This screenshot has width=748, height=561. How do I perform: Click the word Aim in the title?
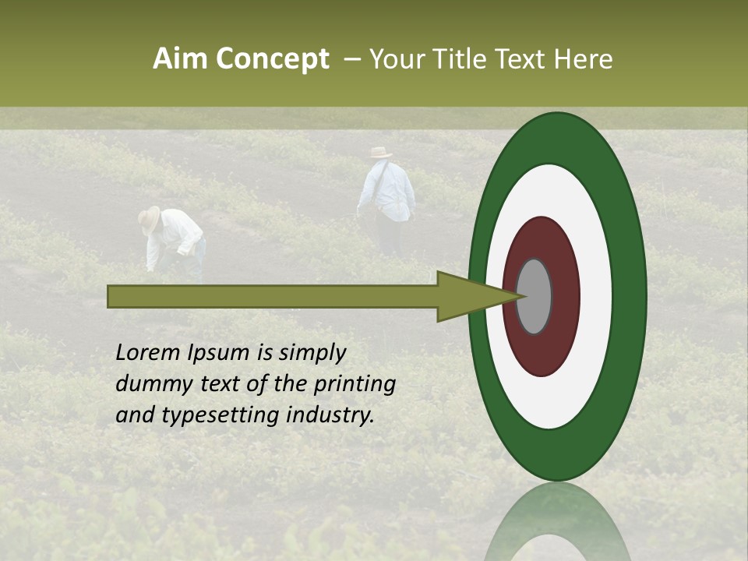pyautogui.click(x=182, y=59)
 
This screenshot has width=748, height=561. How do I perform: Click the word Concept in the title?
pyautogui.click(x=273, y=59)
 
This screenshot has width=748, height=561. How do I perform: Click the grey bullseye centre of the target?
pyautogui.click(x=534, y=296)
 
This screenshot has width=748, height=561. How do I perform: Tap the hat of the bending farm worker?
pyautogui.click(x=150, y=218)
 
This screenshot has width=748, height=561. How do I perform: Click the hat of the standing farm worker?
pyautogui.click(x=381, y=152)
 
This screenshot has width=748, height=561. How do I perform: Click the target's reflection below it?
pyautogui.click(x=557, y=522)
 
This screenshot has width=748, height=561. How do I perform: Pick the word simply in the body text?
pyautogui.click(x=312, y=354)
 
